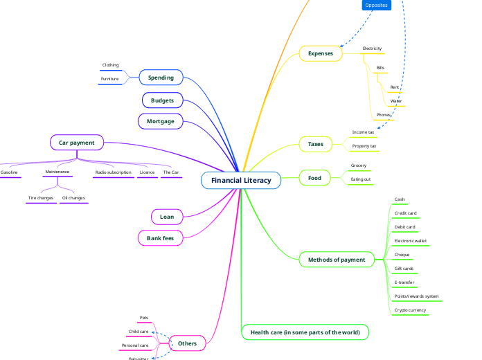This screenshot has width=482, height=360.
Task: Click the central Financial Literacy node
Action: point(241,180)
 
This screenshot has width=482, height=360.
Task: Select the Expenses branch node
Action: point(321,53)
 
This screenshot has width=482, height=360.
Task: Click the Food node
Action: point(314,178)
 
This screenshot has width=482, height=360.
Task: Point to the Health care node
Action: point(305,332)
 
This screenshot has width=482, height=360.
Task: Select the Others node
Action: point(187,343)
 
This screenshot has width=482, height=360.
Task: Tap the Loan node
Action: point(167,217)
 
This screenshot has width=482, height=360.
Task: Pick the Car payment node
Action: point(77,143)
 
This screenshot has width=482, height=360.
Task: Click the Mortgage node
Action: point(161,121)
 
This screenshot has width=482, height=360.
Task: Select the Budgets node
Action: point(163,100)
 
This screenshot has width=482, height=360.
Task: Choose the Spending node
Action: point(161,78)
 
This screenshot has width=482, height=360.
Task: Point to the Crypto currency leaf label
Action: point(410,310)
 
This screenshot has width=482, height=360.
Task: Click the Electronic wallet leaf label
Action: point(411,241)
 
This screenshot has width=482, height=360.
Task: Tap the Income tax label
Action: point(363,132)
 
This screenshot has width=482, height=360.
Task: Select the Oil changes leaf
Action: point(73,198)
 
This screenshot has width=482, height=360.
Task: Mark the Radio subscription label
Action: point(113,172)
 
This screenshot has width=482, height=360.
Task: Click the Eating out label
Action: point(361,179)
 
